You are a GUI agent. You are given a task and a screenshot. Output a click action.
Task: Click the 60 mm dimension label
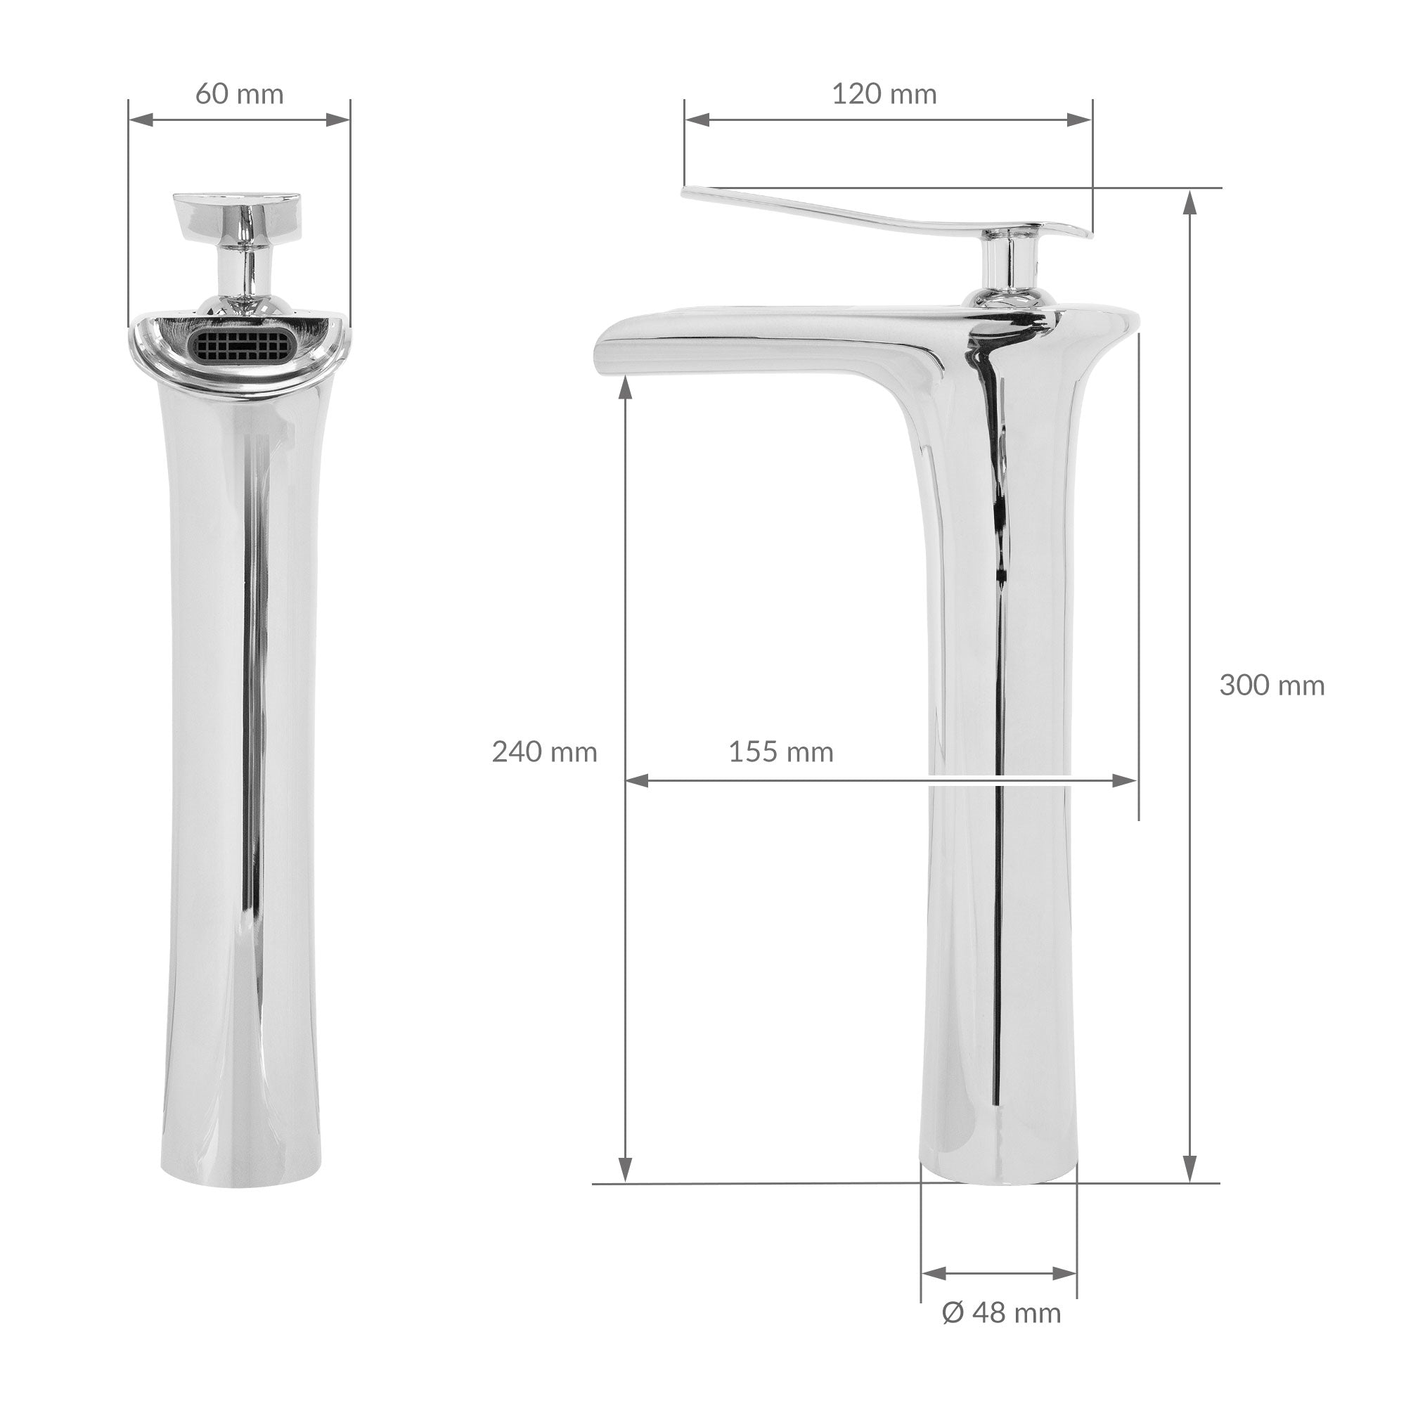240,94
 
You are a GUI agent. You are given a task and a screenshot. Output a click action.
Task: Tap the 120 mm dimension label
884,94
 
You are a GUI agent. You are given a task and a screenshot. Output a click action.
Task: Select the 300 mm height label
1272,685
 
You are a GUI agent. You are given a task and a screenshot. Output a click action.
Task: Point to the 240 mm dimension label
544,751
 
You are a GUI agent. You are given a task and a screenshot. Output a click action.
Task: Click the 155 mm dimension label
781,751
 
